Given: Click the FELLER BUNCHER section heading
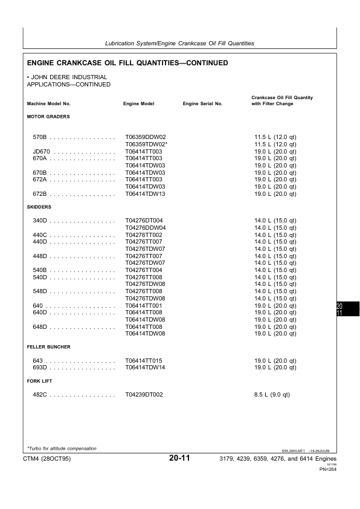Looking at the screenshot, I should (x=49, y=347).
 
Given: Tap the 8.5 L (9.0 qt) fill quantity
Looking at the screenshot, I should (x=272, y=395).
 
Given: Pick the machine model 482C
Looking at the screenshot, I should (x=40, y=395).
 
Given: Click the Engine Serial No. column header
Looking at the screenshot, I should (x=202, y=104).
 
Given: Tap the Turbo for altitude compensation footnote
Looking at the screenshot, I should (x=62, y=449).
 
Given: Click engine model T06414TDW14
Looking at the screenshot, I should (x=145, y=368).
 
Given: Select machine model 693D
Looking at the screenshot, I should (x=40, y=368).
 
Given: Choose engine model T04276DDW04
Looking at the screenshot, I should (x=145, y=228).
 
